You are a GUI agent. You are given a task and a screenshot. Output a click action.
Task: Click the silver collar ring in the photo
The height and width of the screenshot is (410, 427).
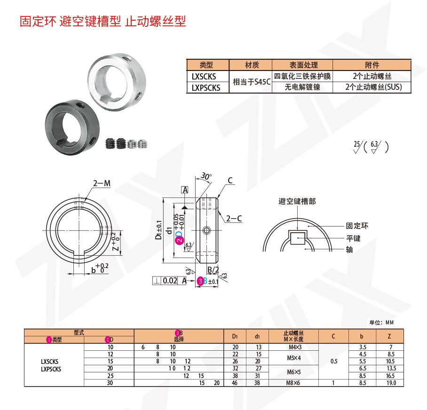(x=115, y=82)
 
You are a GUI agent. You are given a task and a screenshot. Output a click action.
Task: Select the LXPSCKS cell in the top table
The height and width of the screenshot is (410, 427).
(x=206, y=87)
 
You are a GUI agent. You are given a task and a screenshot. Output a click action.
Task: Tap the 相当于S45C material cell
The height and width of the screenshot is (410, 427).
(x=252, y=82)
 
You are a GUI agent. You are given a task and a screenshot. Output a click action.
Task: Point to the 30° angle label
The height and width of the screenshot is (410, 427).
(x=206, y=176)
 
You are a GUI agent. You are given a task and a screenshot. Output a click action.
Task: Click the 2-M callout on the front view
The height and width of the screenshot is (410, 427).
(x=102, y=184)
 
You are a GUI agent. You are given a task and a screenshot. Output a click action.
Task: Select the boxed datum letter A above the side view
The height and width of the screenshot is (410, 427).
(x=185, y=190)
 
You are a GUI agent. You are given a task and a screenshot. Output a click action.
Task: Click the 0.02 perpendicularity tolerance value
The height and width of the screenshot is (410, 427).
(x=170, y=281)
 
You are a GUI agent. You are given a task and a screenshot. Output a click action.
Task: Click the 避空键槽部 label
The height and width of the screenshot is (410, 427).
(x=297, y=201)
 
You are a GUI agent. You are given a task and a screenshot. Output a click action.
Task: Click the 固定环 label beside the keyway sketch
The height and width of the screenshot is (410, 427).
(x=357, y=226)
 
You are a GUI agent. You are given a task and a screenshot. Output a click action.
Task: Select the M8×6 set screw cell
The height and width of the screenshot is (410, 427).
(x=292, y=383)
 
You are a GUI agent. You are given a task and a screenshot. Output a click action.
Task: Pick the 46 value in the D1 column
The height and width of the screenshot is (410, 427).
(x=235, y=383)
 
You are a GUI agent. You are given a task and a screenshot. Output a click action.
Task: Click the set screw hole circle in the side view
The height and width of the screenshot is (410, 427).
(x=206, y=230)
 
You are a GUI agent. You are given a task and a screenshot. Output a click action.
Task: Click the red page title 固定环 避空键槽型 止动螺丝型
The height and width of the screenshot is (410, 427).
(x=103, y=22)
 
